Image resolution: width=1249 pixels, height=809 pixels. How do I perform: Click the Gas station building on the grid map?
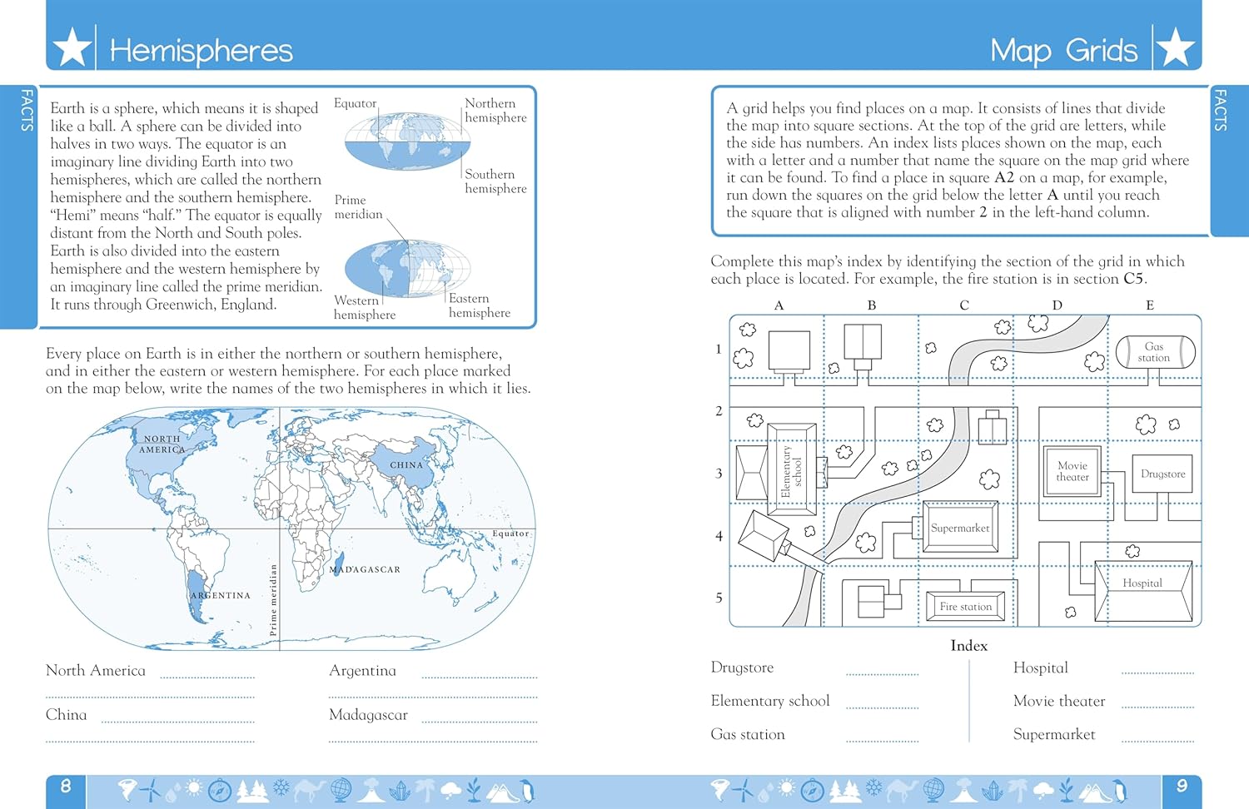tap(1154, 352)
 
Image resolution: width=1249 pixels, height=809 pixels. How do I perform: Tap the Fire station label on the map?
tap(965, 607)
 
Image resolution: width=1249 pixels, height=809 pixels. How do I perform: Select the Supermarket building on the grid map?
tap(960, 528)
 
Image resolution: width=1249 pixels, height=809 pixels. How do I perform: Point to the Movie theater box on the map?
tap(1072, 472)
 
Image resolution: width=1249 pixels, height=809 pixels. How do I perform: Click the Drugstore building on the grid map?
tap(1162, 474)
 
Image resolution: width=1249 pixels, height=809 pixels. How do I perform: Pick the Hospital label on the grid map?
tap(1142, 583)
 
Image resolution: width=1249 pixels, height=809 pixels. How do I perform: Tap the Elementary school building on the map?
tap(791, 472)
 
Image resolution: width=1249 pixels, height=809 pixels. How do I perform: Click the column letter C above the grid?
tap(964, 305)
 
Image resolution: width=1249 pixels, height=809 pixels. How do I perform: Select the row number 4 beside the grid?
tap(719, 536)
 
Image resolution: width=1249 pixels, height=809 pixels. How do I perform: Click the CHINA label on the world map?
tap(406, 465)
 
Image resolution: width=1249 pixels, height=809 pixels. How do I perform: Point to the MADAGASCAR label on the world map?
tap(365, 569)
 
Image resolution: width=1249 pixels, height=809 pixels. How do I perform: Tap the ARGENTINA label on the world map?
tap(220, 595)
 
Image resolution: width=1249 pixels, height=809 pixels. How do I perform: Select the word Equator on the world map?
tap(510, 534)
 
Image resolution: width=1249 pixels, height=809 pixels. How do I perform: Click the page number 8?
tap(66, 786)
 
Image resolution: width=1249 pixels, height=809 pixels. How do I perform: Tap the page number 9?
tap(1182, 786)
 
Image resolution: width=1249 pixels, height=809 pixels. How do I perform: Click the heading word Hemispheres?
tap(201, 51)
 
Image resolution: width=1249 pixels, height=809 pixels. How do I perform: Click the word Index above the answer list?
tap(968, 646)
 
